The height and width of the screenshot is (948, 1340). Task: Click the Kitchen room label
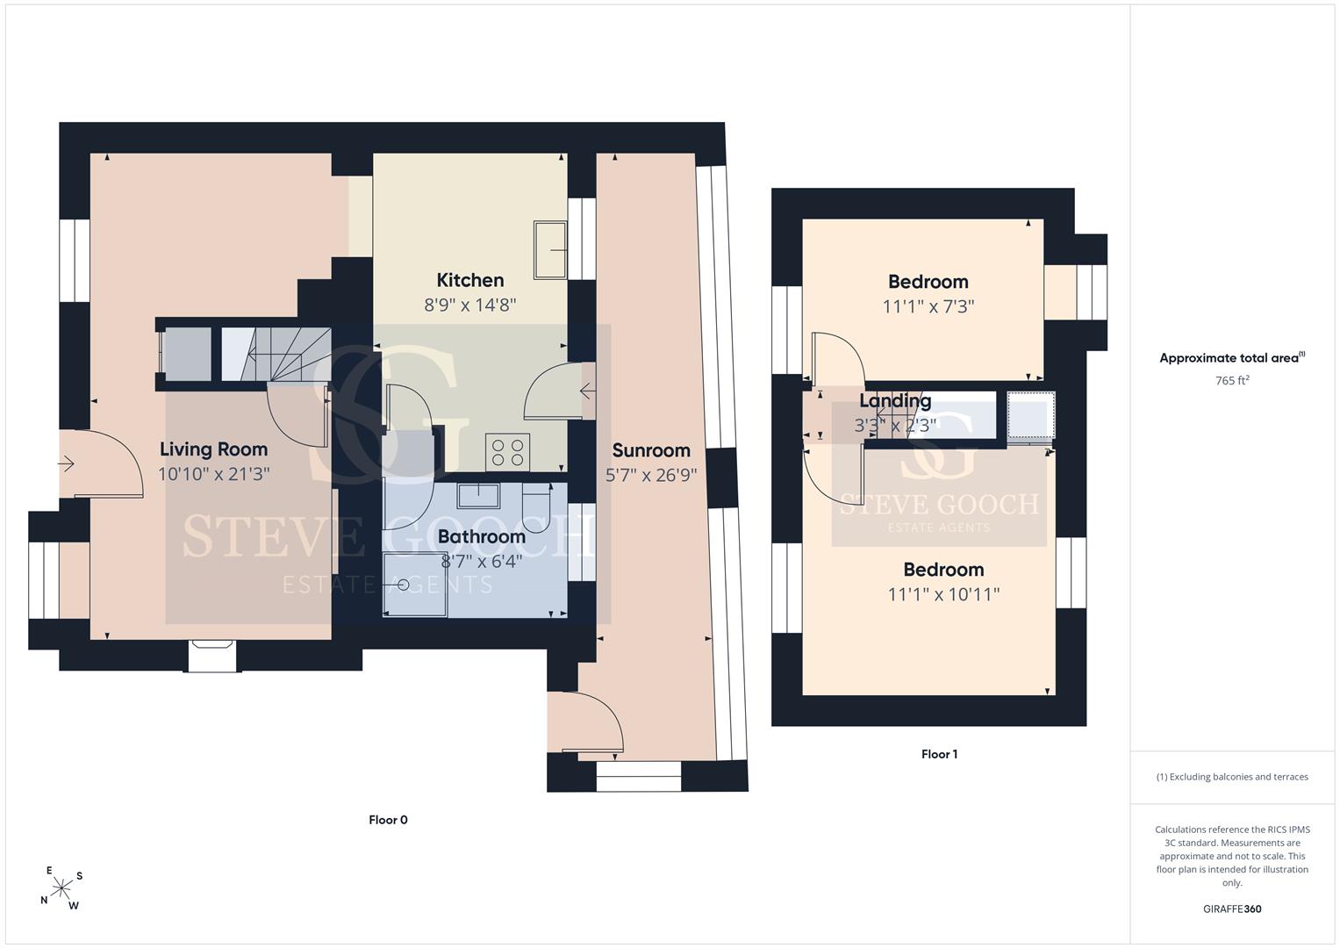469,280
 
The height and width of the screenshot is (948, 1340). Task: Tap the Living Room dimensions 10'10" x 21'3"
213,474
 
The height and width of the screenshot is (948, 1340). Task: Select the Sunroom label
651,450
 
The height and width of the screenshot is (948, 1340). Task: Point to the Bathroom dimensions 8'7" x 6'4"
481,562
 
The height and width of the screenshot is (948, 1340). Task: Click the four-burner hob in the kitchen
507,452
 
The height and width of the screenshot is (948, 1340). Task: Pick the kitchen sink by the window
549,249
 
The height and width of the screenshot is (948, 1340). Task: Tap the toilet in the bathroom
536,507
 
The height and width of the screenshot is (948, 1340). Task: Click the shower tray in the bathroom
414,585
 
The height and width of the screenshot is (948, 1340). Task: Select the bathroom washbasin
478,496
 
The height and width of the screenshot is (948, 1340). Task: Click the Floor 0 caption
388,820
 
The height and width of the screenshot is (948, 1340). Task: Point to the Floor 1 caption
939,754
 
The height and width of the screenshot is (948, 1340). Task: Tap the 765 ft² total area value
1232,380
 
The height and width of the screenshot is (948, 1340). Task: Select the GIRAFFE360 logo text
1232,908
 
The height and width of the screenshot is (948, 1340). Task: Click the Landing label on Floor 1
895,401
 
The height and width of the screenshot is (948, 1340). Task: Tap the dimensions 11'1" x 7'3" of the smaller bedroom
928,306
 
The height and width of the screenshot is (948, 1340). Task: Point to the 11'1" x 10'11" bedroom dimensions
943,594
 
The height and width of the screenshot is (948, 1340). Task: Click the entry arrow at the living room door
66,463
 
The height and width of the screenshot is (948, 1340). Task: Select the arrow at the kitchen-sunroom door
587,392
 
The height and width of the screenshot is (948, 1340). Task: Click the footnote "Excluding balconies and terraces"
1232,777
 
